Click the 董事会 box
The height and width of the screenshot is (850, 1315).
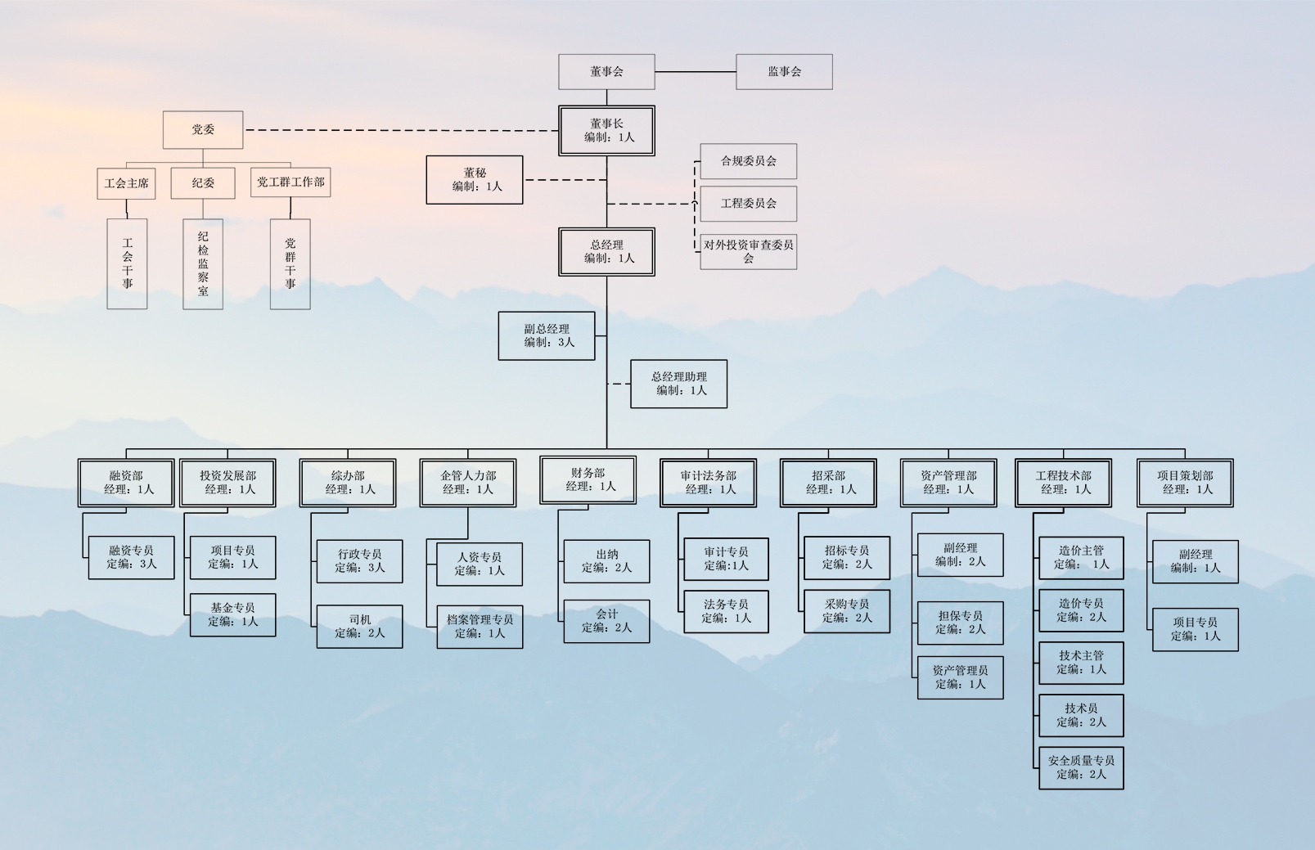pos(606,72)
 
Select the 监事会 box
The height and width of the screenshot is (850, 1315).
pos(784,72)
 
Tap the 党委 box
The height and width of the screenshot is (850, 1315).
pos(203,130)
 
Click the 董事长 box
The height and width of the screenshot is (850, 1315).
pos(606,131)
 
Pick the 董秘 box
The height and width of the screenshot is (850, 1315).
pos(475,180)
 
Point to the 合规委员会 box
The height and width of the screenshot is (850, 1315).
pos(748,161)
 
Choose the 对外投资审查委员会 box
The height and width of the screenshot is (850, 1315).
pos(748,251)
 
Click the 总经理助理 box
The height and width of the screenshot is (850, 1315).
pos(678,384)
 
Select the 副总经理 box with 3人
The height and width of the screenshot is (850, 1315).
pos(547,335)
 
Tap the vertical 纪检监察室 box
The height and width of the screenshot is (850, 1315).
pos(203,263)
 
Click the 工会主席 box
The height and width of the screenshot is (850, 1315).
pos(127,183)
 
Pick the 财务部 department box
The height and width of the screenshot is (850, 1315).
pos(588,480)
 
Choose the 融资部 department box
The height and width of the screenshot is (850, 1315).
pos(126,483)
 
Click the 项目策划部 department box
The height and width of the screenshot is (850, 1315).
pos(1185,483)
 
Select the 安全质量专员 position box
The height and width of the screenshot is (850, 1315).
pos(1081,767)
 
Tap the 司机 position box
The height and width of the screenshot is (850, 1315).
pos(359,627)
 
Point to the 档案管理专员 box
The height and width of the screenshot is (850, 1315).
pos(480,627)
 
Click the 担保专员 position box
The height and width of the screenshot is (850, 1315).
pos(960,623)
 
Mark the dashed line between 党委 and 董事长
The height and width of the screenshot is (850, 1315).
pos(401,130)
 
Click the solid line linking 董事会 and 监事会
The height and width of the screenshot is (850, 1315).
pos(696,72)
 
